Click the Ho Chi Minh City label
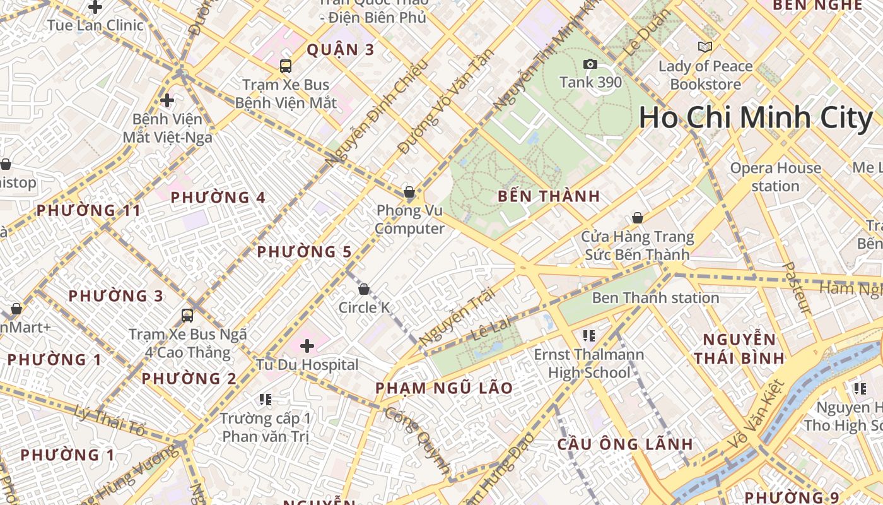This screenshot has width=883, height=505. pyautogui.click(x=756, y=118)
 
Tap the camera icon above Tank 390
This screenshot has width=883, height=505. pyautogui.click(x=590, y=64)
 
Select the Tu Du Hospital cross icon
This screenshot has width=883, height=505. pyautogui.click(x=307, y=346)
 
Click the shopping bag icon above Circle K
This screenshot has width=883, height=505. pyautogui.click(x=364, y=289)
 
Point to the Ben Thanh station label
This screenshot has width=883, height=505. pyautogui.click(x=655, y=297)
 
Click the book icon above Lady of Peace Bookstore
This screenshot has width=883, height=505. pyautogui.click(x=705, y=47)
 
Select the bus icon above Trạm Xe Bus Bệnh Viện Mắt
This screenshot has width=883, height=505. pyautogui.click(x=286, y=66)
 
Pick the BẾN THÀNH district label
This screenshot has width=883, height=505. pyautogui.click(x=549, y=196)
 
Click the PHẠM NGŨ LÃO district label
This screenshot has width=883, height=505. pyautogui.click(x=444, y=388)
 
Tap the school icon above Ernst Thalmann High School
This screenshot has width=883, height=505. pyautogui.click(x=589, y=335)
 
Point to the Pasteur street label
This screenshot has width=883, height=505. pyautogui.click(x=796, y=287)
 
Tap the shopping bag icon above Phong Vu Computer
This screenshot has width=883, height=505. pyautogui.click(x=409, y=191)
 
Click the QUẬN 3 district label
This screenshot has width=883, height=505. pyautogui.click(x=341, y=49)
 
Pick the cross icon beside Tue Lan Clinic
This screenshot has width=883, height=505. pyautogui.click(x=95, y=7)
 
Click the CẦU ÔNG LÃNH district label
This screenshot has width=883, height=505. pyautogui.click(x=625, y=444)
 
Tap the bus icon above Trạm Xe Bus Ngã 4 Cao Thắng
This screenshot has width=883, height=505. pyautogui.click(x=187, y=315)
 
